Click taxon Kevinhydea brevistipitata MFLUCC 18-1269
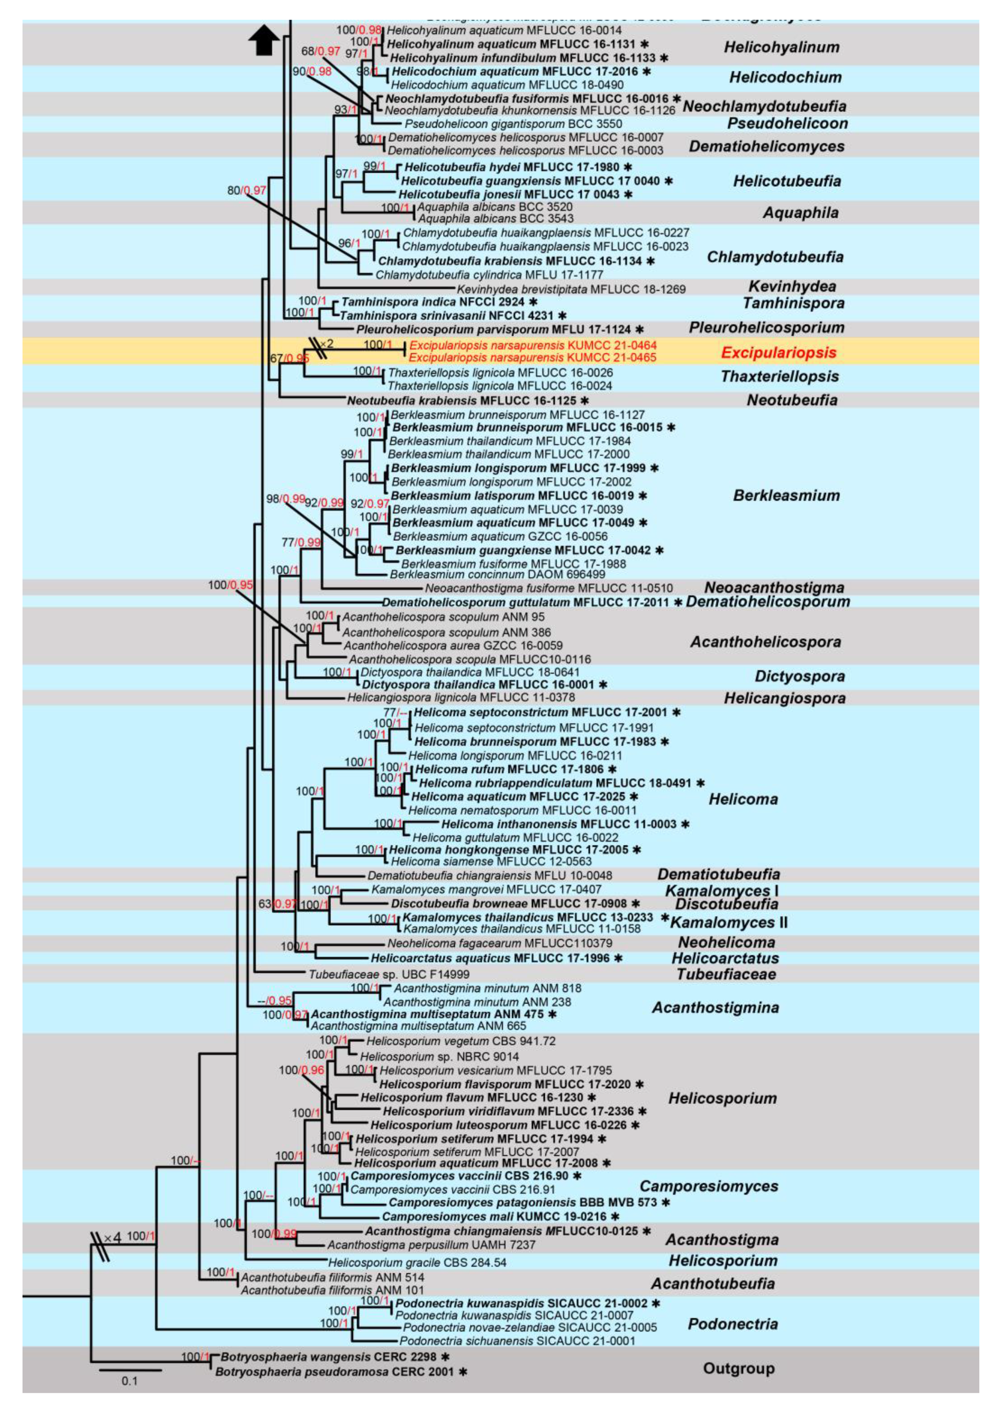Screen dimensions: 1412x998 tap(571, 289)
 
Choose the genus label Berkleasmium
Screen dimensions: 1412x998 tap(786, 496)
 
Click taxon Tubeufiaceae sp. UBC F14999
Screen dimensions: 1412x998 tap(389, 974)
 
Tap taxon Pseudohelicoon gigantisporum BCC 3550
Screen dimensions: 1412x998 tap(513, 123)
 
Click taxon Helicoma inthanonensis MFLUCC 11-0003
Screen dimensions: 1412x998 tap(558, 824)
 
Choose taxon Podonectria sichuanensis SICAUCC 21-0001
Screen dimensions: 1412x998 tap(517, 1341)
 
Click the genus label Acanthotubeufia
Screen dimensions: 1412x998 tap(713, 1283)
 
